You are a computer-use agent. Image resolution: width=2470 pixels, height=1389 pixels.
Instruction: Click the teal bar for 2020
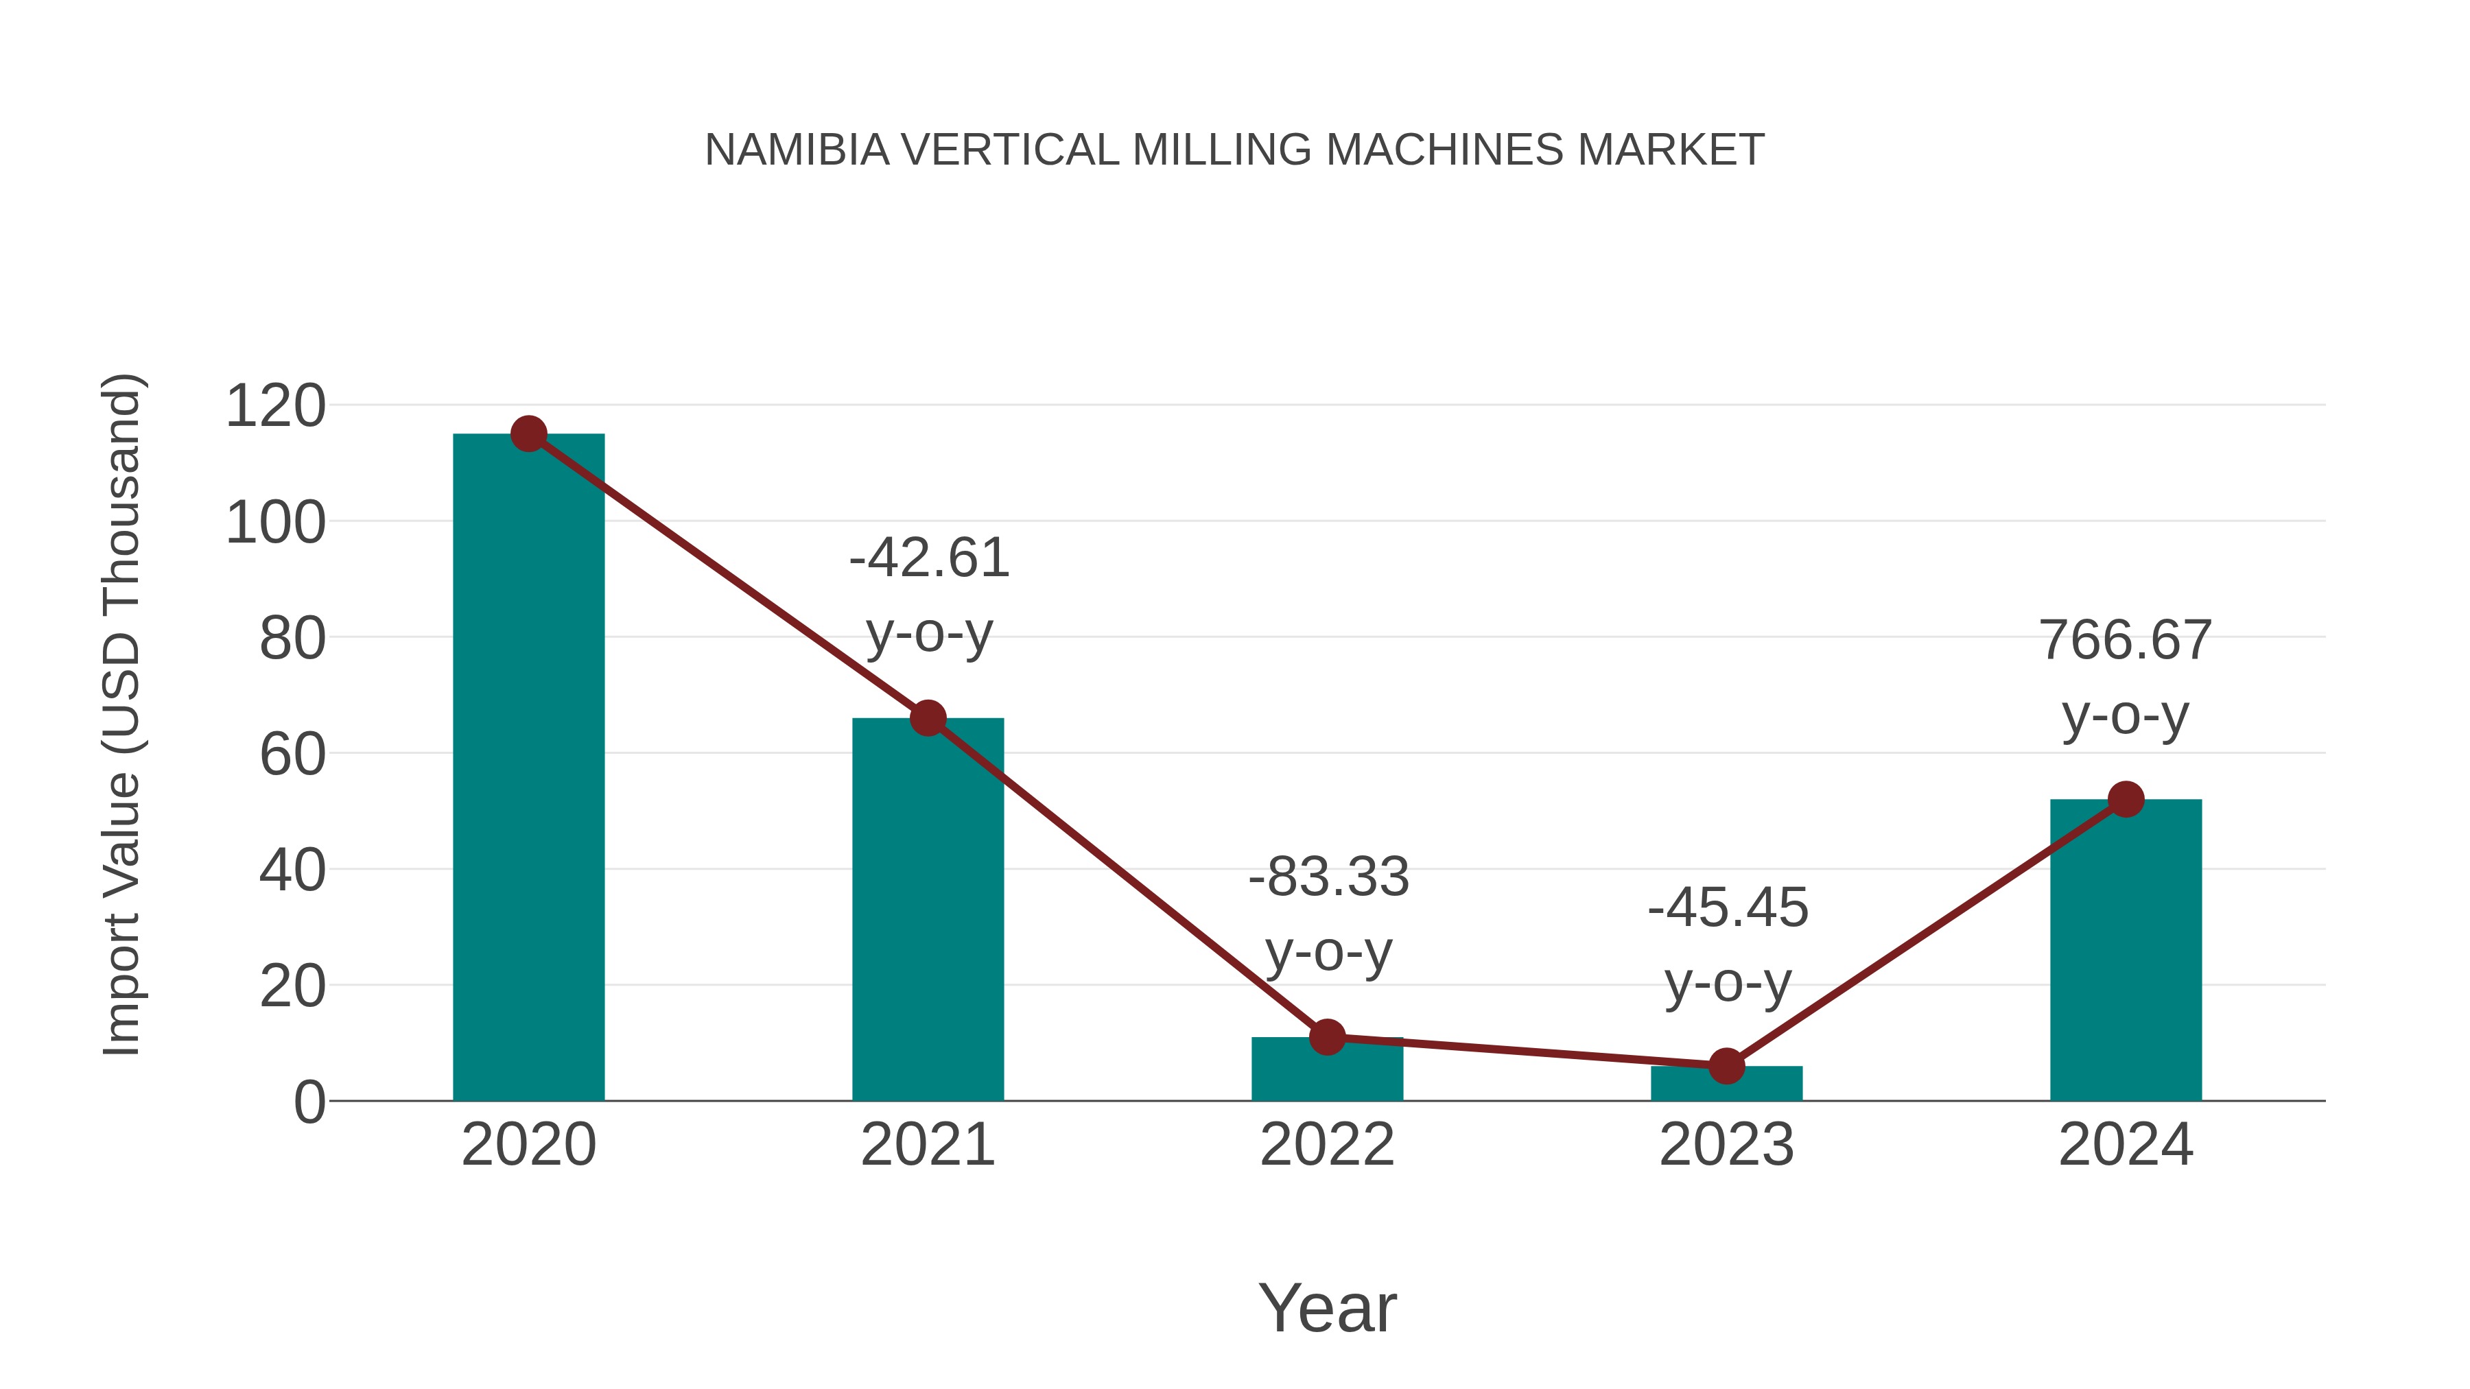[528, 767]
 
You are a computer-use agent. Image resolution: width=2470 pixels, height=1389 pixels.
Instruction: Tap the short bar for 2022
[1327, 1069]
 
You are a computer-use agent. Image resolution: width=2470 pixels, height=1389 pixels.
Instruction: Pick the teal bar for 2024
[2126, 949]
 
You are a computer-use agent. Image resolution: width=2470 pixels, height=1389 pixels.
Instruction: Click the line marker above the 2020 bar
[528, 434]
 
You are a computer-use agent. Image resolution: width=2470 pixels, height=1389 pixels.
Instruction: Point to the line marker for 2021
[927, 718]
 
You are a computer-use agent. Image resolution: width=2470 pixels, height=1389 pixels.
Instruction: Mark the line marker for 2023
[1726, 1066]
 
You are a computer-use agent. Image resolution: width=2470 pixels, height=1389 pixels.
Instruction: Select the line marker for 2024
[2126, 800]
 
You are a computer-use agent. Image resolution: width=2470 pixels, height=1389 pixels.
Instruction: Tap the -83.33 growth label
[1328, 877]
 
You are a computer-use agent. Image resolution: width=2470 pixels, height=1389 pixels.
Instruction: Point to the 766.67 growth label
[2126, 641]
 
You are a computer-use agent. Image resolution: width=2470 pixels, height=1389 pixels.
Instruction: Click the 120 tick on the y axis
[275, 407]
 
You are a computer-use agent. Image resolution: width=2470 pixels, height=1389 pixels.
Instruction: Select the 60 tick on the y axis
[292, 755]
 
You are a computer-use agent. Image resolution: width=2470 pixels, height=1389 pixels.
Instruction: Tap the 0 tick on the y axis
[309, 1102]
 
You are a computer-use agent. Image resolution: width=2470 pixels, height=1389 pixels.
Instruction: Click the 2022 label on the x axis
[1327, 1145]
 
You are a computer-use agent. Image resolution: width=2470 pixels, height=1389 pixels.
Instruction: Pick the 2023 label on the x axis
[1726, 1145]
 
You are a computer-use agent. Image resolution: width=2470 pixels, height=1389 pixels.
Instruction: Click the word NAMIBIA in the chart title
[797, 150]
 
